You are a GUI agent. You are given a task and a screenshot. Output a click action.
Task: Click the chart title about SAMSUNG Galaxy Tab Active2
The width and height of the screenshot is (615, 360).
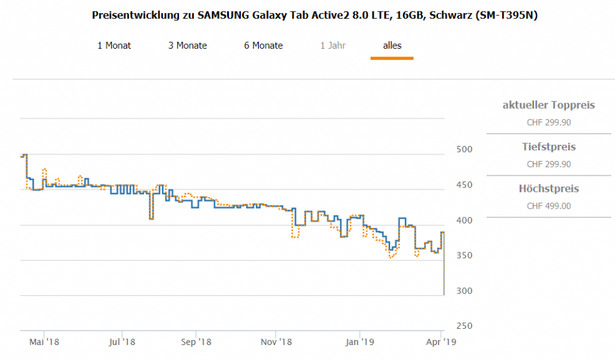[x=315, y=16]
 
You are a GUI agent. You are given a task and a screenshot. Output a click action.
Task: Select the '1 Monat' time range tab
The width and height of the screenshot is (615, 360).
[x=114, y=46]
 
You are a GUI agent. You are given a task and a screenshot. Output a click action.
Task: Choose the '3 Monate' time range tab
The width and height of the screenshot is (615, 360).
[x=187, y=46]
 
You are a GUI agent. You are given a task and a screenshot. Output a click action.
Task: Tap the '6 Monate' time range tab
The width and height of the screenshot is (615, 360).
[x=263, y=46]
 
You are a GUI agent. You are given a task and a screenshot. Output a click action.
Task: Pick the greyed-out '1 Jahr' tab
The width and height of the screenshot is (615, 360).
[x=333, y=46]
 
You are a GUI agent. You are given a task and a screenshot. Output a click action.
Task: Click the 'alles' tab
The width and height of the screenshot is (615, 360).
[x=392, y=46]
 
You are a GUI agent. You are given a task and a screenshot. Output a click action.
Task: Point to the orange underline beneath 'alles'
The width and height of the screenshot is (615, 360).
[x=392, y=58]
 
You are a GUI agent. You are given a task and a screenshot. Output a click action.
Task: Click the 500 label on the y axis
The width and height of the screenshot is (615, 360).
[x=464, y=150]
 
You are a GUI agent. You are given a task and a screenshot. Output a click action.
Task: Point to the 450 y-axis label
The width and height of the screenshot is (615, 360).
[x=464, y=185]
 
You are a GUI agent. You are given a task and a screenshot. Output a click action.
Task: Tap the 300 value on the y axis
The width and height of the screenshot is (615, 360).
[x=464, y=291]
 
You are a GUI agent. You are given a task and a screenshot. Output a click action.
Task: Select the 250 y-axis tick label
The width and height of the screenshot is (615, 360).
[x=464, y=326]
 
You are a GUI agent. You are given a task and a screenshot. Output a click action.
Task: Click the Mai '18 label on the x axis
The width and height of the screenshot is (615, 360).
[x=44, y=343]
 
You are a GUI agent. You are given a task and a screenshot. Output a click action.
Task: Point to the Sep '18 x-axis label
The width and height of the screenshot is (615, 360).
[x=196, y=343]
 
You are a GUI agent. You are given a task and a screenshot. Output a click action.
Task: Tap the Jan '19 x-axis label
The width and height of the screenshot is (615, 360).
[x=360, y=343]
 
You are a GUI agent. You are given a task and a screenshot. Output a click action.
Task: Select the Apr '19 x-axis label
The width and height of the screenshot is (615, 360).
[x=441, y=343]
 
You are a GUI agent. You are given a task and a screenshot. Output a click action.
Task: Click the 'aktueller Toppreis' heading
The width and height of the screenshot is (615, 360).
[x=548, y=105]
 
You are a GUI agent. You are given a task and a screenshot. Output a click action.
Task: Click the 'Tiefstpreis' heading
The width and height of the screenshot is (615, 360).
[x=548, y=147]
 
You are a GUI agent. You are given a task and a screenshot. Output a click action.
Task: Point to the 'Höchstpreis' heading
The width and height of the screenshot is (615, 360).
[x=548, y=189]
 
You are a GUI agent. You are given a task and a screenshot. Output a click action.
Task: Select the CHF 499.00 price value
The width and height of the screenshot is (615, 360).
[x=548, y=206]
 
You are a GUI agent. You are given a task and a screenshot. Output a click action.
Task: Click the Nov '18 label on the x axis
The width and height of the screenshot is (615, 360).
[x=276, y=343]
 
